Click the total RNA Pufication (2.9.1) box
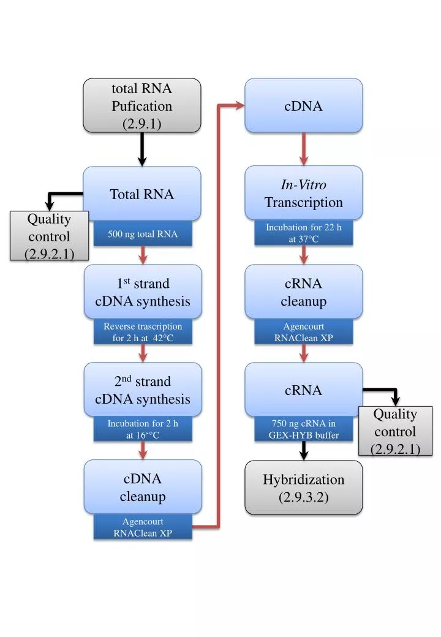[x=142, y=105]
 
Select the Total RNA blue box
[x=142, y=194]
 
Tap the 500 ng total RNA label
[x=143, y=234]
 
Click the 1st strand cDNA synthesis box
[x=143, y=292]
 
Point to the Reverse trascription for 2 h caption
[x=143, y=332]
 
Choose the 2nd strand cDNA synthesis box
[x=143, y=390]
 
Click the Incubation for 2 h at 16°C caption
[x=143, y=429]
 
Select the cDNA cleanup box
[x=143, y=487]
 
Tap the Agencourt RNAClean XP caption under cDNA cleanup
[x=143, y=527]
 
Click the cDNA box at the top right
[x=304, y=105]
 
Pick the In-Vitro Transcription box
[x=304, y=193]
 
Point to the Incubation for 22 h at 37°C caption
[x=304, y=233]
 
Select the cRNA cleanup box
[x=304, y=292]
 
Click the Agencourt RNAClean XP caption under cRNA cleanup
[x=304, y=332]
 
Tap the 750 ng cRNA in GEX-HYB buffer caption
[x=304, y=429]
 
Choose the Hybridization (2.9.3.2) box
[x=304, y=488]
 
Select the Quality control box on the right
[x=395, y=431]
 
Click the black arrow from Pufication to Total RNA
[x=142, y=149]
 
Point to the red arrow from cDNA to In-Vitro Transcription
[x=304, y=148]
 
